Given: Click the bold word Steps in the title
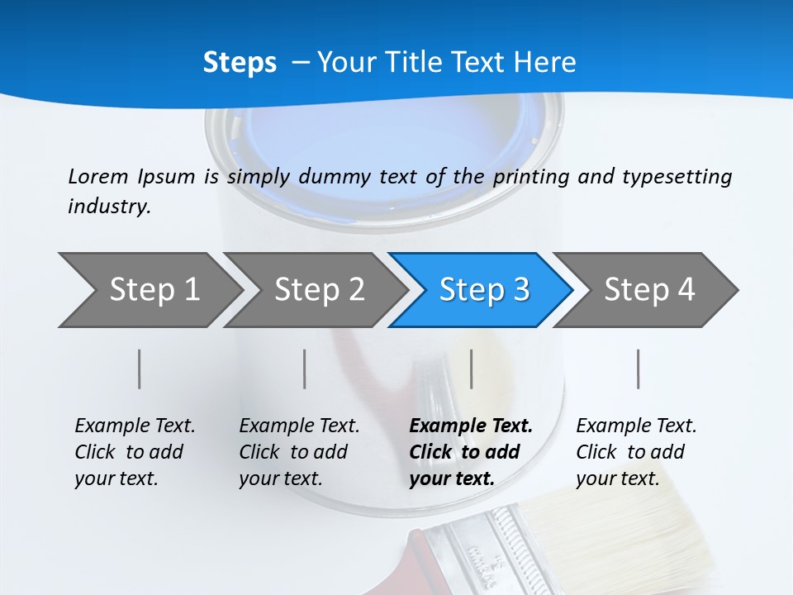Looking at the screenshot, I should [x=240, y=63].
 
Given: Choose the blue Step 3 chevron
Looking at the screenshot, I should [x=483, y=290].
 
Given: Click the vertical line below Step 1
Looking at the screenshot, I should [x=140, y=369].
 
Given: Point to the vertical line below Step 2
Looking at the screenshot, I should [x=305, y=369].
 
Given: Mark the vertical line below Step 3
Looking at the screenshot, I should [x=471, y=369].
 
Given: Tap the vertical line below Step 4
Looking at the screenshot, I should [x=639, y=369].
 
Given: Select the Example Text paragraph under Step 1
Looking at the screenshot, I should [x=134, y=451].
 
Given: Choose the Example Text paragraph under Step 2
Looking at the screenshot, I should [x=298, y=451].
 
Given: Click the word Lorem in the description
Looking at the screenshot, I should [x=98, y=176].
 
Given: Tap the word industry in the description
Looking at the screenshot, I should [x=108, y=207].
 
